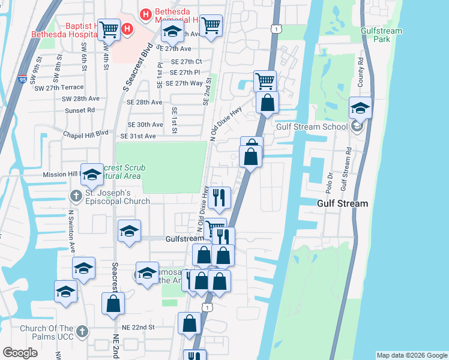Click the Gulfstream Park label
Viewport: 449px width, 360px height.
click(x=376, y=35)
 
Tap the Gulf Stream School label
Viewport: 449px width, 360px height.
click(x=312, y=127)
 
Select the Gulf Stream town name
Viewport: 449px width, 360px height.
click(x=342, y=203)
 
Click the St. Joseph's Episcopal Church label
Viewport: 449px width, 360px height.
click(x=117, y=197)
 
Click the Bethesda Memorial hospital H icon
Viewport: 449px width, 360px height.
click(x=145, y=13)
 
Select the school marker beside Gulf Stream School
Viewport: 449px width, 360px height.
click(x=360, y=108)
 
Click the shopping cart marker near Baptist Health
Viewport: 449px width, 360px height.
click(x=109, y=28)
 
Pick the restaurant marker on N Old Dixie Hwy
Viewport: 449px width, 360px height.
click(x=220, y=197)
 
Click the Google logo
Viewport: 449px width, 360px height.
click(x=20, y=353)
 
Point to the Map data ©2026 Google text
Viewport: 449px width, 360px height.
click(x=412, y=355)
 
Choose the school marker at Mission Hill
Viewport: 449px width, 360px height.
click(x=92, y=175)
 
